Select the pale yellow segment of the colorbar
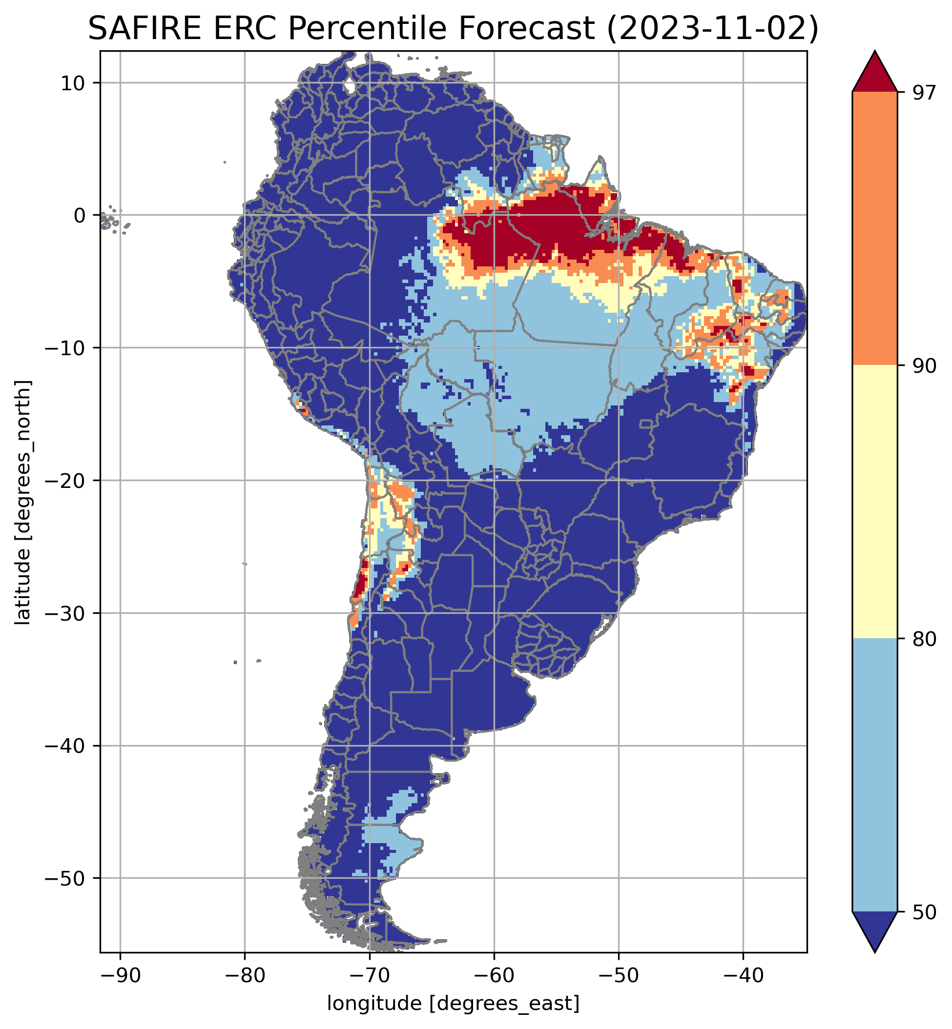(875, 502)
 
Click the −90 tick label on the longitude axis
(120, 974)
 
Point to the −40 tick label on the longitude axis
(743, 974)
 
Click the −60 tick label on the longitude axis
(494, 974)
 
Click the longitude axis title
(454, 1003)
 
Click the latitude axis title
(23, 503)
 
